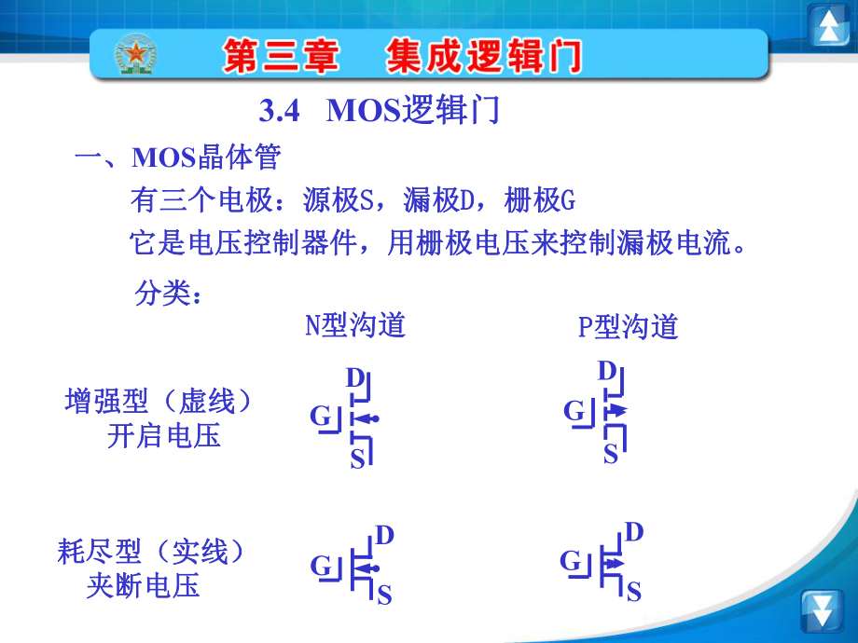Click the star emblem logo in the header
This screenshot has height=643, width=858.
[x=135, y=55]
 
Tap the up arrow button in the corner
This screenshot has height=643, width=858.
[x=828, y=26]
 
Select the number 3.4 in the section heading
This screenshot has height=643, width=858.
[x=279, y=111]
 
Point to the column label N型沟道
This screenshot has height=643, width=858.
[x=355, y=325]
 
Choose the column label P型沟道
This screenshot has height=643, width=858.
[x=629, y=326]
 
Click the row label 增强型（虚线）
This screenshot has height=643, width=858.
[x=159, y=401]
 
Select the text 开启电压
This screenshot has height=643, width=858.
[x=163, y=436]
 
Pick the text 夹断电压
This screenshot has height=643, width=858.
[x=143, y=585]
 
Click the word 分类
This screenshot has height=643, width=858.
[x=163, y=293]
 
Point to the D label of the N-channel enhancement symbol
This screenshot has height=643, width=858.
[x=355, y=377]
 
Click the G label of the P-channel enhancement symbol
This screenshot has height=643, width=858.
[x=574, y=411]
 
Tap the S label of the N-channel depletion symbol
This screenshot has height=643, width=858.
[x=384, y=595]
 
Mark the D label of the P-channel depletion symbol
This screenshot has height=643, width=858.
[x=633, y=532]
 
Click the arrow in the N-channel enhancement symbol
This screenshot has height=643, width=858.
[x=366, y=419]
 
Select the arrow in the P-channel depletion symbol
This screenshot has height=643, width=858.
[x=615, y=563]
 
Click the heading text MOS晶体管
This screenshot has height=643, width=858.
[x=206, y=157]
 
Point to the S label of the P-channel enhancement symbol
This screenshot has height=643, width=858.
[x=611, y=455]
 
